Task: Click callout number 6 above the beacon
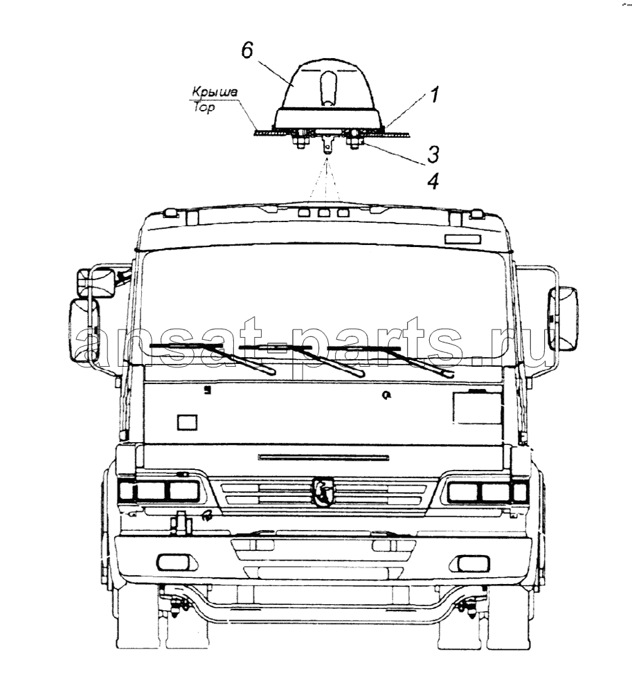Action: [247, 51]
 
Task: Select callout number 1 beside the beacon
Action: [435, 95]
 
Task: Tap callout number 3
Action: [433, 154]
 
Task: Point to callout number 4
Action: [433, 181]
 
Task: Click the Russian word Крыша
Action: [215, 92]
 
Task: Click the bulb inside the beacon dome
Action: [328, 89]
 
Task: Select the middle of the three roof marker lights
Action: [325, 213]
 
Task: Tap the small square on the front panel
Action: [187, 422]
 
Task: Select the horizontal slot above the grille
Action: [324, 457]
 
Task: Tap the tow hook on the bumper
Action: [181, 523]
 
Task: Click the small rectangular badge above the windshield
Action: [461, 239]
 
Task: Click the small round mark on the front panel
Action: [387, 396]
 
